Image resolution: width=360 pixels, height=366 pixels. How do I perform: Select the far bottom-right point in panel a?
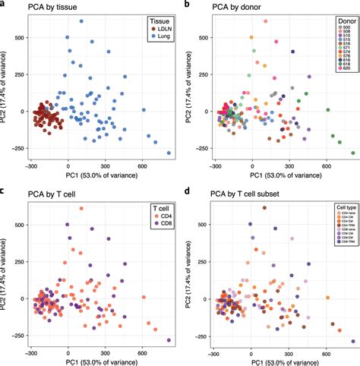(x=169, y=153)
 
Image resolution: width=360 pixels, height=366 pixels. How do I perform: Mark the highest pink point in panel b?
(x=265, y=21)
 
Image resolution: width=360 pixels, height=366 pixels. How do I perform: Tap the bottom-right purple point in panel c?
(x=169, y=340)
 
